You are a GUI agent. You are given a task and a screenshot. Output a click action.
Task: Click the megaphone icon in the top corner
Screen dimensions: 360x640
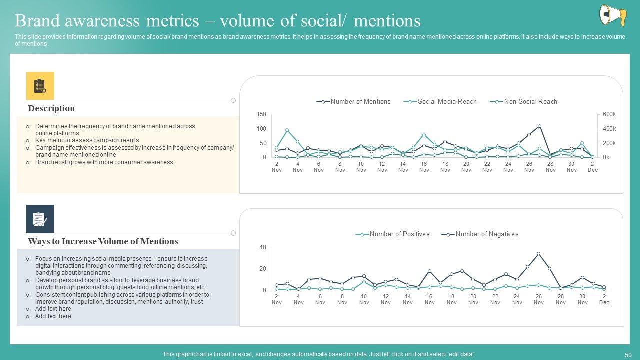(x=613, y=15)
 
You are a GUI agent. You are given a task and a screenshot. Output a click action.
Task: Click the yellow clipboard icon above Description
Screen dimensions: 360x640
(x=40, y=86)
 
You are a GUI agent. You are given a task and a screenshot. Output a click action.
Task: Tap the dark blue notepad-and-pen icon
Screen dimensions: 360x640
(x=40, y=219)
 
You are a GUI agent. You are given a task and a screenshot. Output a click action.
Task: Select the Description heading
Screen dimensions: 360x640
(x=51, y=109)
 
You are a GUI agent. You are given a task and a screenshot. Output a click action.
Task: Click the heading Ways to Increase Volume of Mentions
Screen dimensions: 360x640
(x=103, y=242)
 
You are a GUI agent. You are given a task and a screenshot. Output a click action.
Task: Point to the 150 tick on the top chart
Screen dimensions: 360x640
(x=261, y=115)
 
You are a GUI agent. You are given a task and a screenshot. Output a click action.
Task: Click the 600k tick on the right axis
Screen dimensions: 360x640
(x=609, y=115)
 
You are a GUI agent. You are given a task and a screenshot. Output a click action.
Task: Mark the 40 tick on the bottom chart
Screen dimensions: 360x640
(x=263, y=248)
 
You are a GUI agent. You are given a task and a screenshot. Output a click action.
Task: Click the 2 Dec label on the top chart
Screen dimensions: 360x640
(x=593, y=167)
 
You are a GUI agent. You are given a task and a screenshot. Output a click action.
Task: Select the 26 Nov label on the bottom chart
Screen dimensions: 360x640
(x=539, y=299)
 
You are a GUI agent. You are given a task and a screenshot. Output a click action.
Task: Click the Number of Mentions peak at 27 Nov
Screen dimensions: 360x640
(x=539, y=126)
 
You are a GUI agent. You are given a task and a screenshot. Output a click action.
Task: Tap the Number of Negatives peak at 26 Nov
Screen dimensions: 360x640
(x=538, y=254)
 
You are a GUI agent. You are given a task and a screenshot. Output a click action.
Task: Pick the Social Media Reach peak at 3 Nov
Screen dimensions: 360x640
(x=287, y=130)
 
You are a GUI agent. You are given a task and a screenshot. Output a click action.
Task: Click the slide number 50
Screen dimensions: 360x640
(x=628, y=354)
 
